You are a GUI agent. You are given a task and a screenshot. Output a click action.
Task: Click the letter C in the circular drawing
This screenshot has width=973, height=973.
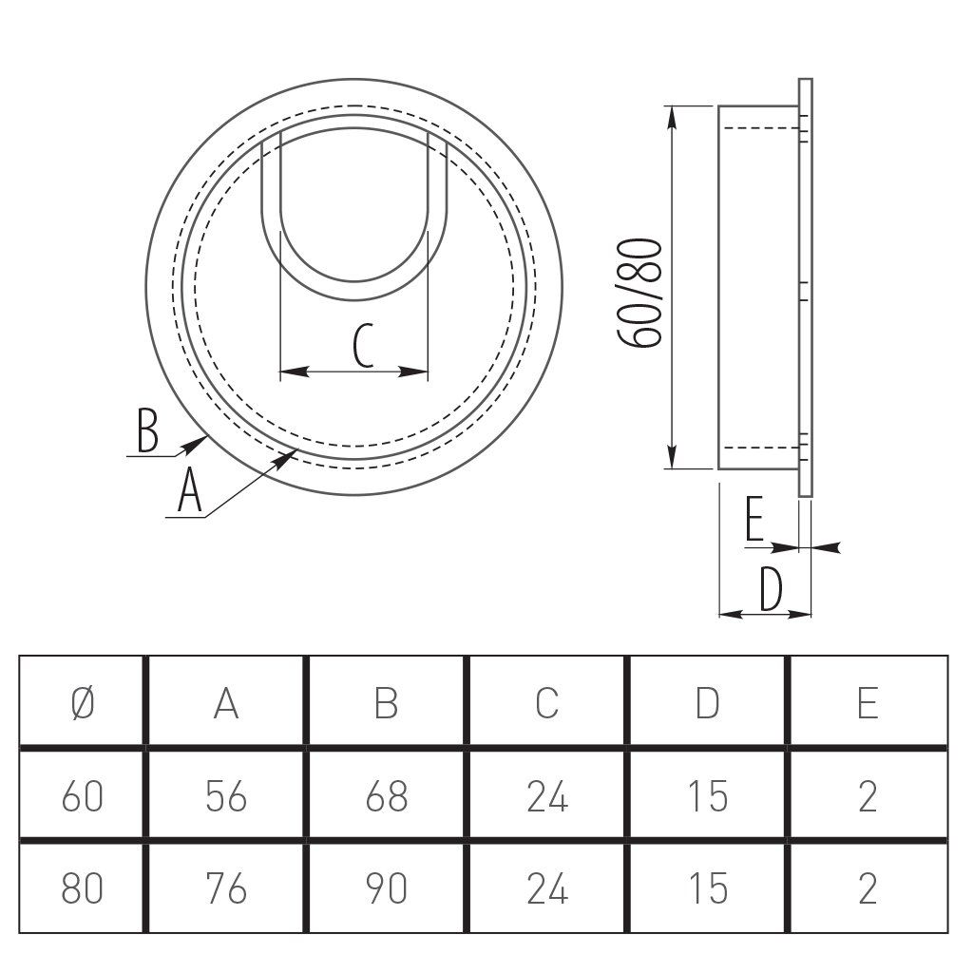363,345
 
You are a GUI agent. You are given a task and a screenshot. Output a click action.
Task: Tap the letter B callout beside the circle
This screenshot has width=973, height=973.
147,429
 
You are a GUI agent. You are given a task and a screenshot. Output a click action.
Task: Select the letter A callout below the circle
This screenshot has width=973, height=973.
190,490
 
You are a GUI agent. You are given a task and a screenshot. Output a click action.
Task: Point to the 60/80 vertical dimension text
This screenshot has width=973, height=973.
641,293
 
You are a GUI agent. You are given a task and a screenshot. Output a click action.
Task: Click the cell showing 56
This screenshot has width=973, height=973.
226,795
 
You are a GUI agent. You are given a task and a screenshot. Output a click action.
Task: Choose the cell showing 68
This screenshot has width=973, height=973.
386,795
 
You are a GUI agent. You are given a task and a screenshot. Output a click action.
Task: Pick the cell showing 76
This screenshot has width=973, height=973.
226,888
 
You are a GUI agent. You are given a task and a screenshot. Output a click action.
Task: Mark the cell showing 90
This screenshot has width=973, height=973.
386,888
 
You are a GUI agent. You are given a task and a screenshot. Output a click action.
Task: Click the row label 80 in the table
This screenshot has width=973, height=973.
82,888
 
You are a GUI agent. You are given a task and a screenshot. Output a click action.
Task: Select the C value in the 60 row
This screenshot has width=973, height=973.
546,795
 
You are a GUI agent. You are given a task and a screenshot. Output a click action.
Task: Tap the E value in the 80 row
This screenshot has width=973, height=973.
868,888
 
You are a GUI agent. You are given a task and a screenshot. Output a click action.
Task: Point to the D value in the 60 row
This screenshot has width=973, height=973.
707,795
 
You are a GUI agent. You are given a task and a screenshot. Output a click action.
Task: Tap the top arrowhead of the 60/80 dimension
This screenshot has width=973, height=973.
672,118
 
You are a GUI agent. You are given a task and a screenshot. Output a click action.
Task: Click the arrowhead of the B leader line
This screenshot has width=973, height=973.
196,443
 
